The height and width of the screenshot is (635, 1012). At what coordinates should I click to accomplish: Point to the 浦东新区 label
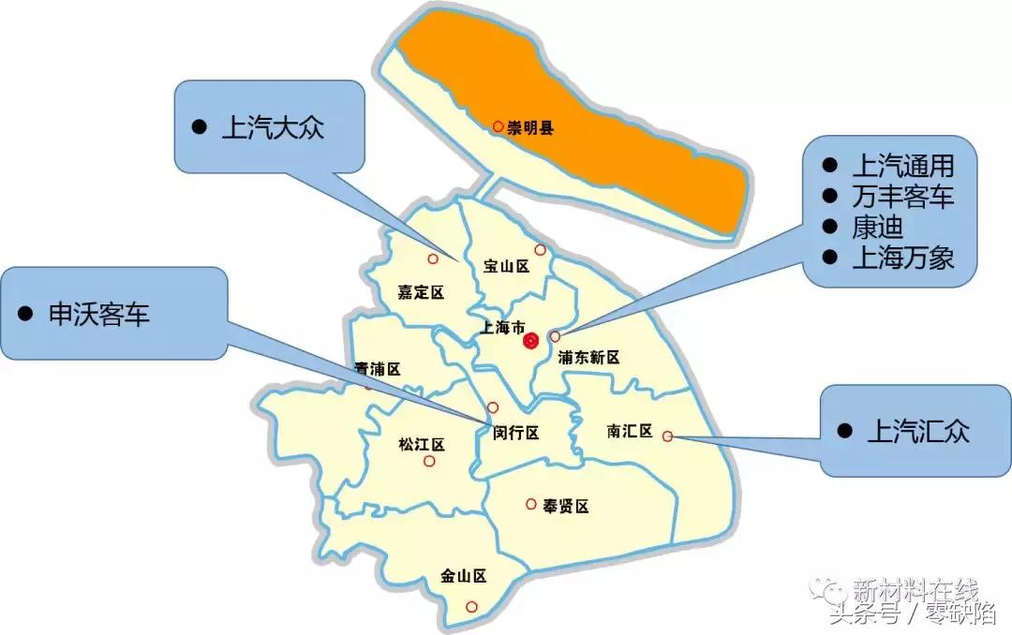[x=588, y=357]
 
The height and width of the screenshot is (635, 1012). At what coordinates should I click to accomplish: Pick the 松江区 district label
[x=421, y=444]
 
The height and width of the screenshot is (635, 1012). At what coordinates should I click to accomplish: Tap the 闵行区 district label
[x=516, y=433]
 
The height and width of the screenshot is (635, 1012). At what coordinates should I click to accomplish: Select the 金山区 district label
[x=463, y=576]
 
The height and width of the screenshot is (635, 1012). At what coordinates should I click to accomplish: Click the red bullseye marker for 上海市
[x=531, y=341]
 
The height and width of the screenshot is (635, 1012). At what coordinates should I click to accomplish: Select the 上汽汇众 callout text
[x=918, y=431]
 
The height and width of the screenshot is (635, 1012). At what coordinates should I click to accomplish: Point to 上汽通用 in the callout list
[x=902, y=167]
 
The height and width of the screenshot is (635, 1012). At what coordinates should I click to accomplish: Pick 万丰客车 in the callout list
[x=902, y=197]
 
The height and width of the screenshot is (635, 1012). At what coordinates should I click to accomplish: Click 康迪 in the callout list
[x=877, y=228]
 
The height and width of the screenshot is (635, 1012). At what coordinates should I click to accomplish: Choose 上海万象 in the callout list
[x=902, y=258]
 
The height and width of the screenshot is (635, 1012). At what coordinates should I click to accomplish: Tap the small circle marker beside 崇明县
[x=499, y=126]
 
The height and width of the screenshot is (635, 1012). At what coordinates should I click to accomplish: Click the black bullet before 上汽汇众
[x=845, y=431]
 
